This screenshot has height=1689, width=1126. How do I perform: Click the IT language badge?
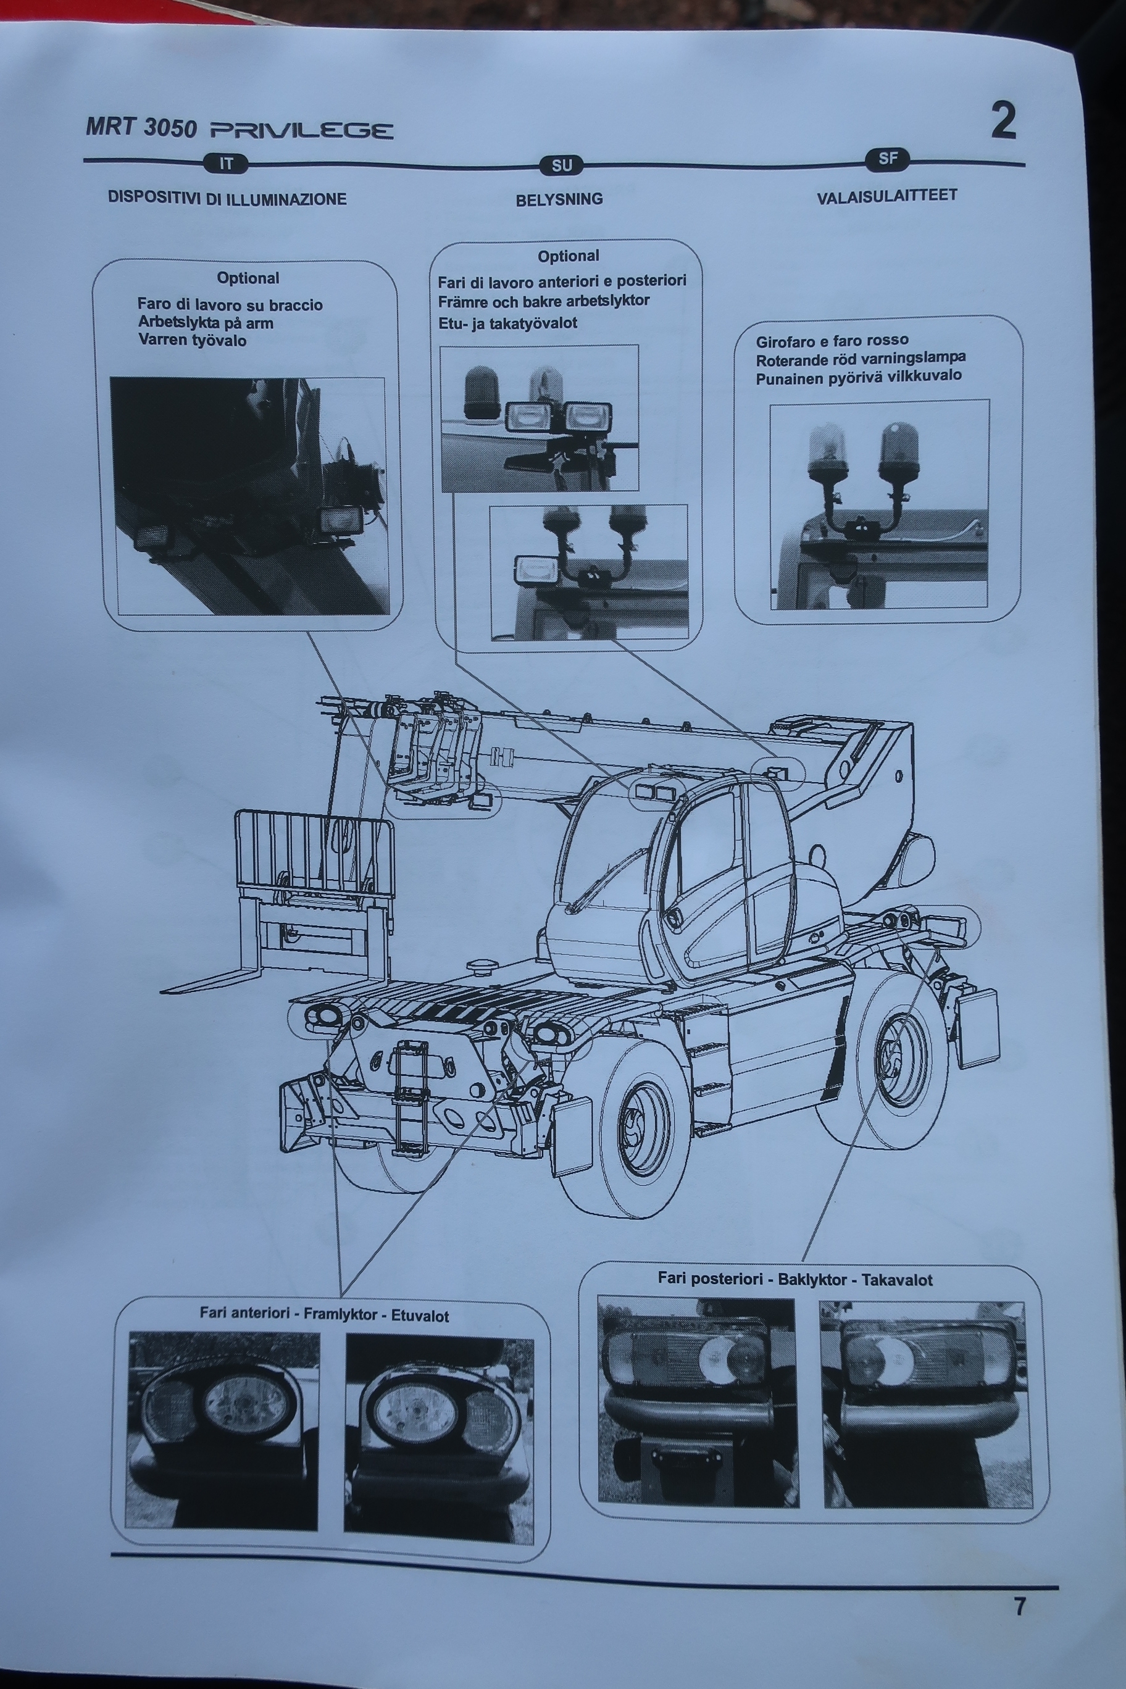(225, 164)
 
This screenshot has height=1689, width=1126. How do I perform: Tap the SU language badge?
(561, 166)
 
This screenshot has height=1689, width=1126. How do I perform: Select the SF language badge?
(888, 159)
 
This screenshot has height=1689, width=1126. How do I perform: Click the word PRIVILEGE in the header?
(302, 131)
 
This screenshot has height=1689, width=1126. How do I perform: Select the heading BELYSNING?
(559, 199)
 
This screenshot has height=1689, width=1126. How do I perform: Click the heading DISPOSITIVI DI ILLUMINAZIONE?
(227, 198)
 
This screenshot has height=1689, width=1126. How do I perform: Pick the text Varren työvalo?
(193, 340)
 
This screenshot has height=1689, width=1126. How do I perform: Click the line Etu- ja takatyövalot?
(507, 323)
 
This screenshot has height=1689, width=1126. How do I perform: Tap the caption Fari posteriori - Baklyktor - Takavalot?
(795, 1279)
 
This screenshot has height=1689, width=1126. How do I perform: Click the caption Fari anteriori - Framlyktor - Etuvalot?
(325, 1315)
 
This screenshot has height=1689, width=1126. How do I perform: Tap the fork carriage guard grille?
(314, 853)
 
